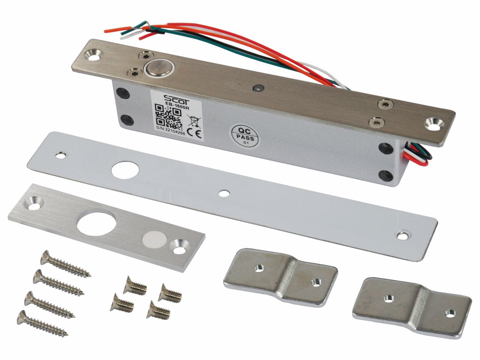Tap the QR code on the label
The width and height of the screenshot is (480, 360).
pos(168,116)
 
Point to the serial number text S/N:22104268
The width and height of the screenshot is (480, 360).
pos(171,132)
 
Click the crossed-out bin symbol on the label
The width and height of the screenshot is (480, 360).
pos(193,121)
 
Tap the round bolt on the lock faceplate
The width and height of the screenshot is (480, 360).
pos(159,69)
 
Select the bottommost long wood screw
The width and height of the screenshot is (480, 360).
pos(42,323)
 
